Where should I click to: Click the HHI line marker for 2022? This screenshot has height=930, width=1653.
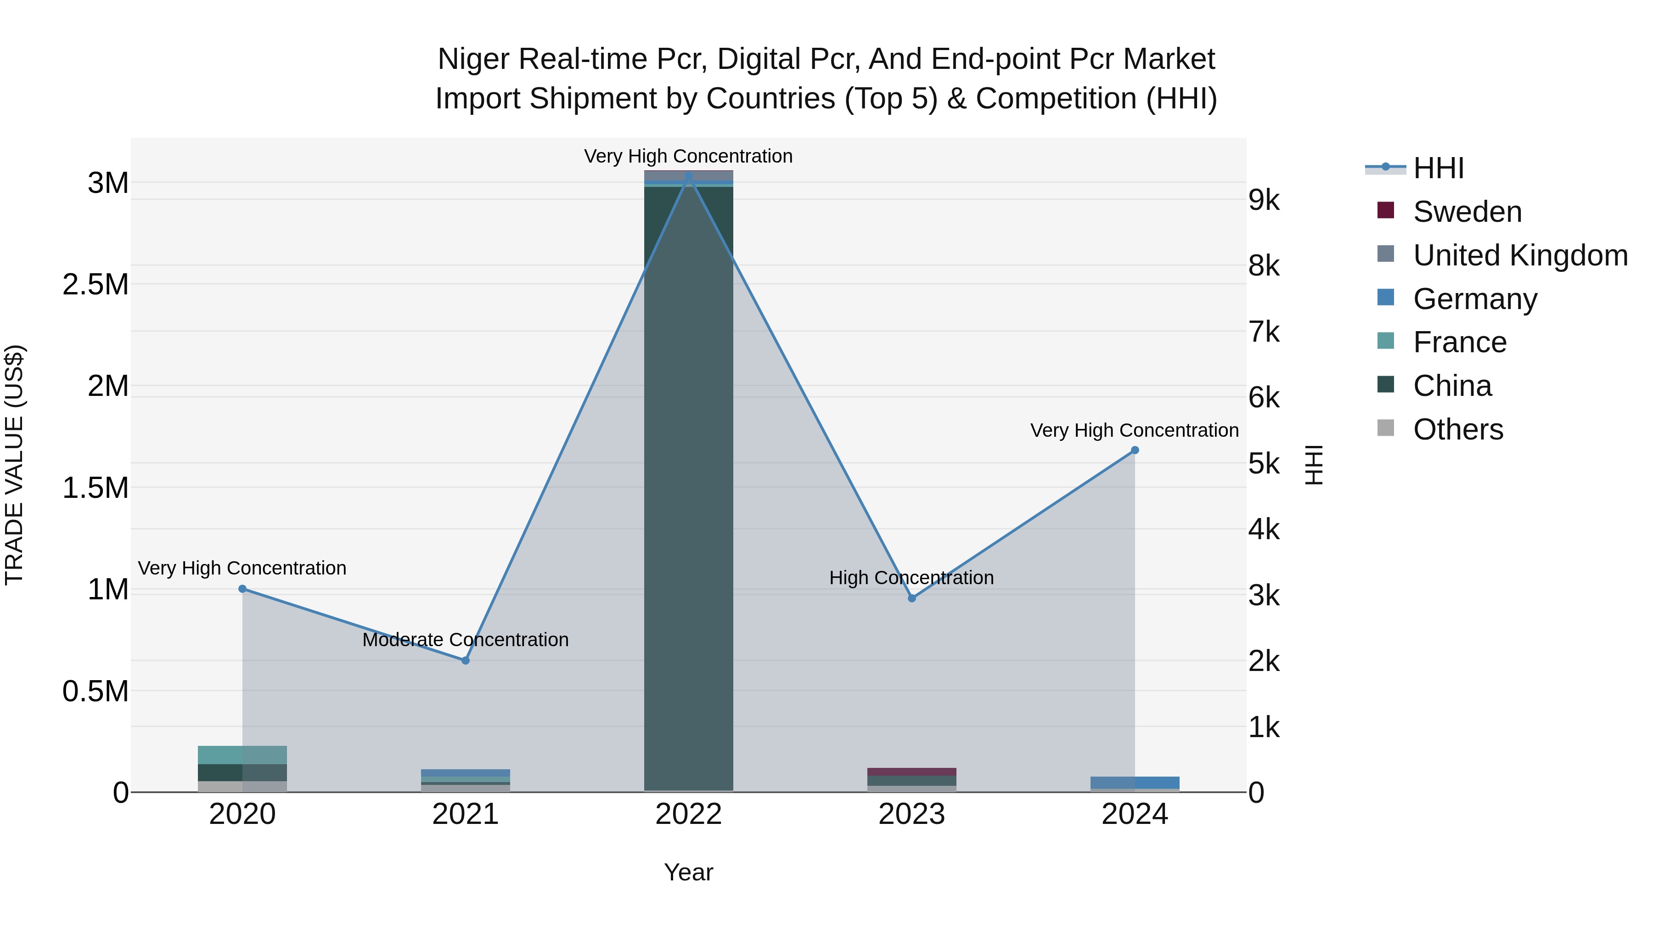pyautogui.click(x=689, y=176)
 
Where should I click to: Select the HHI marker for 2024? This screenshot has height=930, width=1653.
pyautogui.click(x=1135, y=450)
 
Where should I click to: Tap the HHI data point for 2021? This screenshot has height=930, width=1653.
pyautogui.click(x=466, y=660)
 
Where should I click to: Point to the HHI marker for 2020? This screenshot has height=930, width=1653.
pyautogui.click(x=242, y=589)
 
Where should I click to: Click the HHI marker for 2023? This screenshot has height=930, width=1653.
pyautogui.click(x=912, y=598)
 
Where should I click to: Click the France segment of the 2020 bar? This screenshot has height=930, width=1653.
pyautogui.click(x=242, y=755)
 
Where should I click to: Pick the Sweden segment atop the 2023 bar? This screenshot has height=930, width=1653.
pyautogui.click(x=912, y=772)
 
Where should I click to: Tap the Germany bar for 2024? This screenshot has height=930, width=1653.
pyautogui.click(x=1135, y=783)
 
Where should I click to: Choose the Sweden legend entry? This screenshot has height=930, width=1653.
pyautogui.click(x=1467, y=212)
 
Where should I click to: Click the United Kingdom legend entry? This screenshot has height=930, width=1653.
pyautogui.click(x=1519, y=255)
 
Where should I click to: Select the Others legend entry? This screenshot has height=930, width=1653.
pyautogui.click(x=1458, y=429)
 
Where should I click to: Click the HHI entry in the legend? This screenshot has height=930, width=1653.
pyautogui.click(x=1439, y=168)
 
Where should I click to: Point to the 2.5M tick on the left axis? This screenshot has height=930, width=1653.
pyautogui.click(x=96, y=284)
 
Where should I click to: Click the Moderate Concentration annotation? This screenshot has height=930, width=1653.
pyautogui.click(x=466, y=640)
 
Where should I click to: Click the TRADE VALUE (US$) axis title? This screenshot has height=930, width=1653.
pyautogui.click(x=14, y=465)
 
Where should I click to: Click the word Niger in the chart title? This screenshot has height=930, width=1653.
pyautogui.click(x=474, y=60)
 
